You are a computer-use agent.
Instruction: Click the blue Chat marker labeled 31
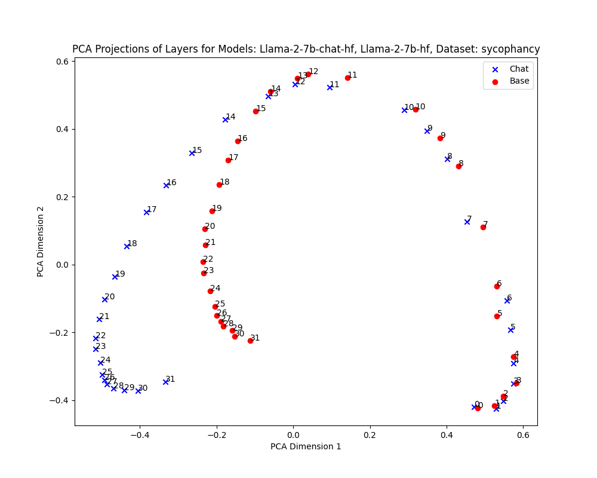click(165, 382)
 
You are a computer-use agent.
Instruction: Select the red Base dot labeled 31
click(250, 341)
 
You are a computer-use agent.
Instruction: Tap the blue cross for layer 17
click(146, 212)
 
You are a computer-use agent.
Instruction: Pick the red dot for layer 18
click(219, 185)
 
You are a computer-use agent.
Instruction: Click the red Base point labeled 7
click(483, 227)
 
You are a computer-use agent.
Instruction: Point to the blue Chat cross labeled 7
click(467, 222)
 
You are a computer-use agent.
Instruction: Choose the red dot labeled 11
click(347, 78)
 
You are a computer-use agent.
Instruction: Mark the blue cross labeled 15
click(192, 153)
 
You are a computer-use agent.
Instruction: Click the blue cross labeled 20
click(104, 299)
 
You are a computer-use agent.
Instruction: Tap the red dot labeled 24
click(210, 291)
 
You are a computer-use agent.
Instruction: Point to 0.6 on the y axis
click(61, 62)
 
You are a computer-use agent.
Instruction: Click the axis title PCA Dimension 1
click(306, 446)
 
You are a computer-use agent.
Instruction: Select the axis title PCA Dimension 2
click(41, 242)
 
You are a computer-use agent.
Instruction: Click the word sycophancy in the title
click(511, 50)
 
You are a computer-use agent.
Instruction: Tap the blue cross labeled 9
click(427, 131)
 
